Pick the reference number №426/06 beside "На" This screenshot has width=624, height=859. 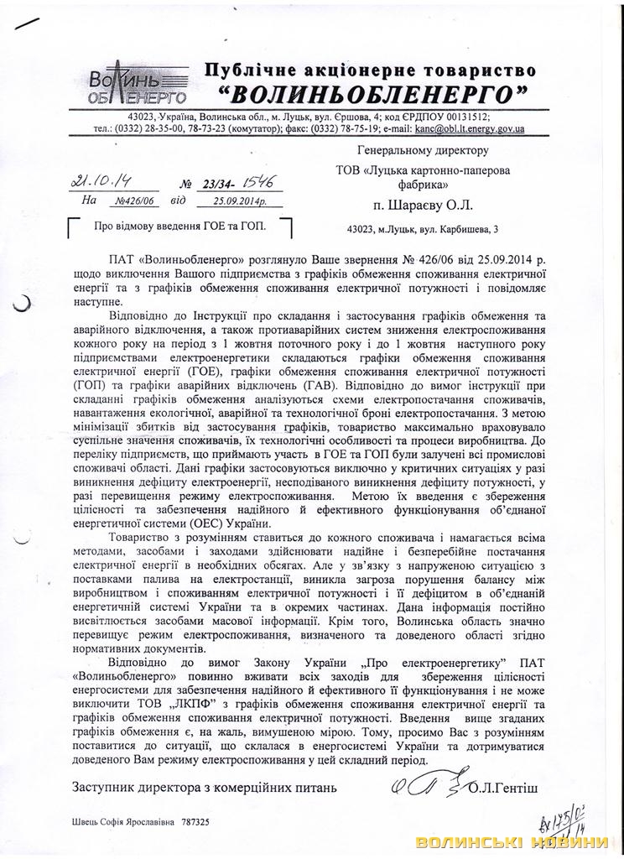[121, 201]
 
